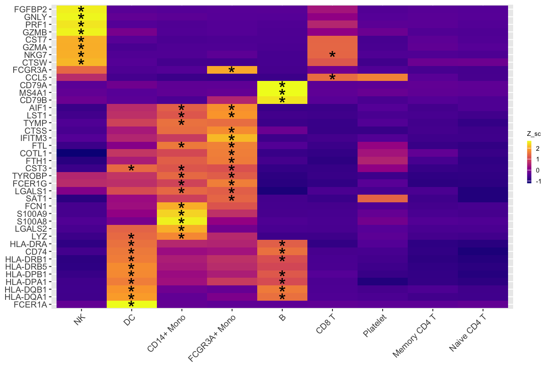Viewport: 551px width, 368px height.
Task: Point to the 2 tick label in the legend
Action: tap(538, 149)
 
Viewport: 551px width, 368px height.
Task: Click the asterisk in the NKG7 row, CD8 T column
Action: tap(332, 55)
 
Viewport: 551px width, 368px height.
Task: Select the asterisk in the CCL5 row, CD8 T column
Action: tap(332, 78)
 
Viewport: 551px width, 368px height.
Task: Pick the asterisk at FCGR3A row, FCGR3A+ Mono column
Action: tap(232, 70)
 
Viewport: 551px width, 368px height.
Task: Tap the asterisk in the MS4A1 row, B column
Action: tap(282, 93)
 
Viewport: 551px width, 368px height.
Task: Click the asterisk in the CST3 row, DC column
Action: tap(131, 169)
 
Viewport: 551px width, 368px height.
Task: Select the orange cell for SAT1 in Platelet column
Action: tap(382, 198)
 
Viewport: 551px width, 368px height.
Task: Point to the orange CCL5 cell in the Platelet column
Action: tap(382, 77)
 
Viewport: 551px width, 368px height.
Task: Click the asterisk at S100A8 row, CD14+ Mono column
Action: tap(182, 221)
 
